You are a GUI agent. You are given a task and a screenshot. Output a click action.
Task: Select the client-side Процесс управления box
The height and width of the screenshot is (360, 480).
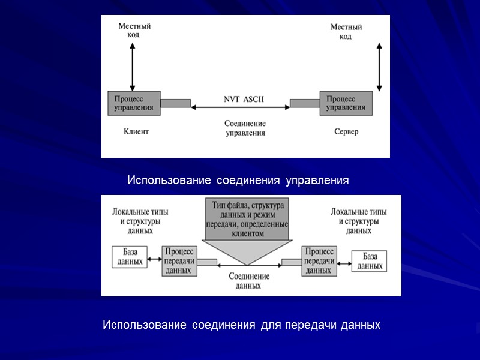pos(133,103)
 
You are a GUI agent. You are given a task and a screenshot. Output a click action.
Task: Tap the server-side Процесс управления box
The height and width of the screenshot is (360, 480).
pos(345,103)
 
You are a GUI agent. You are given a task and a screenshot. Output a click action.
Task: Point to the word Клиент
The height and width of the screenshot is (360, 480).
pos(136,131)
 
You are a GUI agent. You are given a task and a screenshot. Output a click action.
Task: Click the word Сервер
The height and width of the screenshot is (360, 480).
pos(346,131)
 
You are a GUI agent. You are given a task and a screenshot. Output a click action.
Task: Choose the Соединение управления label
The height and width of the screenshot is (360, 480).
pos(245,128)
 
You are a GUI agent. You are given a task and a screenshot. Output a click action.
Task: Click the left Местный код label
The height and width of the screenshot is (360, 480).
pos(134,31)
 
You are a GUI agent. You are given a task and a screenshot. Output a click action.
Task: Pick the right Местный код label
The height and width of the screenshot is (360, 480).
pos(346,32)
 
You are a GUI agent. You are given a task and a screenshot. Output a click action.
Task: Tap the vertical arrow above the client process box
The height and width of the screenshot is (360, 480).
pos(133,65)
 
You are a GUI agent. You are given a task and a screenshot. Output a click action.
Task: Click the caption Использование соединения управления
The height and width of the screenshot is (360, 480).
pos(238,180)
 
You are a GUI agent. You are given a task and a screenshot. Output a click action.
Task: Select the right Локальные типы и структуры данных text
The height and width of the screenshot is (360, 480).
pos(359,221)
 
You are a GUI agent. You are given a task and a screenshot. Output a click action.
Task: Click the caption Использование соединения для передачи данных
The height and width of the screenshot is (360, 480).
pos(241,325)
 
